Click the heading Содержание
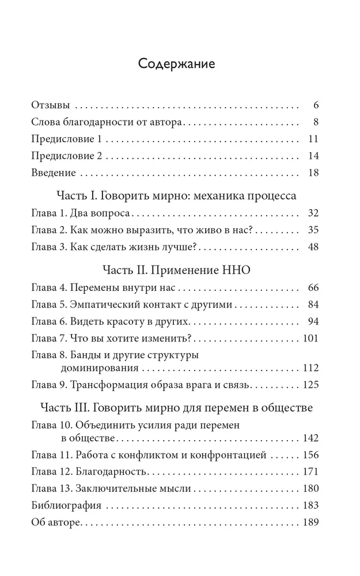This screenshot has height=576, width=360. (x=177, y=63)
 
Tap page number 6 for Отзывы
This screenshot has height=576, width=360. (x=316, y=105)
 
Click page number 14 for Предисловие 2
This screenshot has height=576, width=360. (x=313, y=156)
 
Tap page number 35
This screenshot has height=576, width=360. (x=313, y=230)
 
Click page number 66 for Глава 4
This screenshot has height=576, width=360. (x=313, y=287)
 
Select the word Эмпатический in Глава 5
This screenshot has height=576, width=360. (x=103, y=304)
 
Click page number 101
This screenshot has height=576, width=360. (x=310, y=338)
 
